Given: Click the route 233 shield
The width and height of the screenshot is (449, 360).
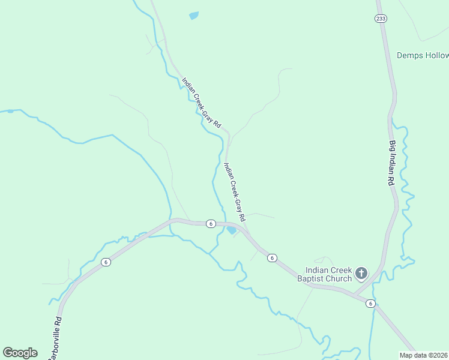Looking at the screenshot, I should [381, 19].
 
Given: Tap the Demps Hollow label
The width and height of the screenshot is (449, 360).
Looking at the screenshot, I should [423, 55].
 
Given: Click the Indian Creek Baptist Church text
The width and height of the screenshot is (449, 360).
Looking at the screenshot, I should [328, 274].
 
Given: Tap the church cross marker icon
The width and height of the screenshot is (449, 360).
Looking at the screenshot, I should [361, 274].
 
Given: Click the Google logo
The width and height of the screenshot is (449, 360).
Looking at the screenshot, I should [20, 353].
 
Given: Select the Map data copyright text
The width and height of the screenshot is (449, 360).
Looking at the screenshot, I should [424, 355].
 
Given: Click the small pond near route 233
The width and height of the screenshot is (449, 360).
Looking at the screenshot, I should [193, 16].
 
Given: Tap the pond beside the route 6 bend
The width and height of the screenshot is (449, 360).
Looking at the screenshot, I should [231, 230].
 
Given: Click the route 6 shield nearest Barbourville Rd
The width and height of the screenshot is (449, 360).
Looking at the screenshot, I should [106, 262].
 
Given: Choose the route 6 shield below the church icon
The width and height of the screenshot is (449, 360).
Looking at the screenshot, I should [371, 304].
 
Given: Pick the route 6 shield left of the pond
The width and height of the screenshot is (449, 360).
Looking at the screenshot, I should [210, 224].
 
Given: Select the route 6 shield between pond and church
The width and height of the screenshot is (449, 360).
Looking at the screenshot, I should [273, 258].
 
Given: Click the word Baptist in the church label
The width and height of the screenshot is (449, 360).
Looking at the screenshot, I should [319, 279].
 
